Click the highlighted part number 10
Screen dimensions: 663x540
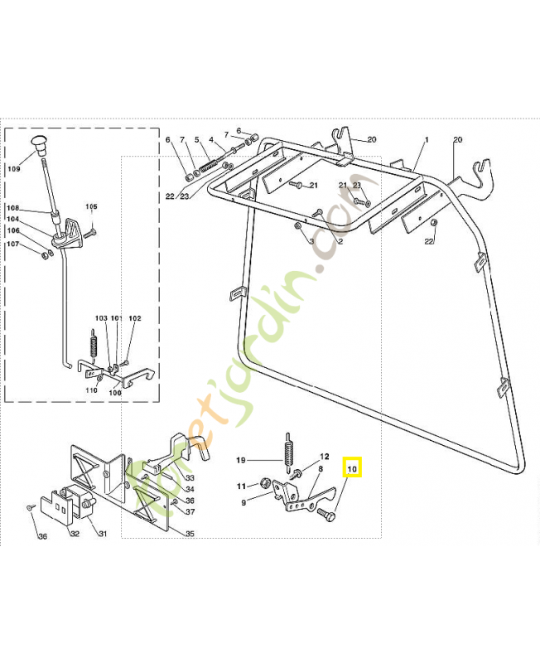click(352, 469)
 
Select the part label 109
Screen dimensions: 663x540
click(14, 169)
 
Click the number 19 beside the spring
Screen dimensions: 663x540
click(241, 460)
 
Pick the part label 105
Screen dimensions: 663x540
click(91, 206)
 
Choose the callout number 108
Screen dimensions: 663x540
click(12, 208)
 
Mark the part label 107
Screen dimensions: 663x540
click(12, 244)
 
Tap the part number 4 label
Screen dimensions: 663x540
click(211, 139)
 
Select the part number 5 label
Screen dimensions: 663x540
click(197, 139)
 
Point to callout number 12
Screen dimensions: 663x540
click(325, 457)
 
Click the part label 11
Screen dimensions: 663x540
click(241, 486)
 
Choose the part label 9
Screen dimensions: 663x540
click(243, 502)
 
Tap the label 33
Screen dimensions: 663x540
click(190, 478)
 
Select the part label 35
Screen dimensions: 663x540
click(190, 534)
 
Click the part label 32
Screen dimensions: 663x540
click(75, 534)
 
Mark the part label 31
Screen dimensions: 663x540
click(104, 534)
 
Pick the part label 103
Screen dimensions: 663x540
click(101, 318)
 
